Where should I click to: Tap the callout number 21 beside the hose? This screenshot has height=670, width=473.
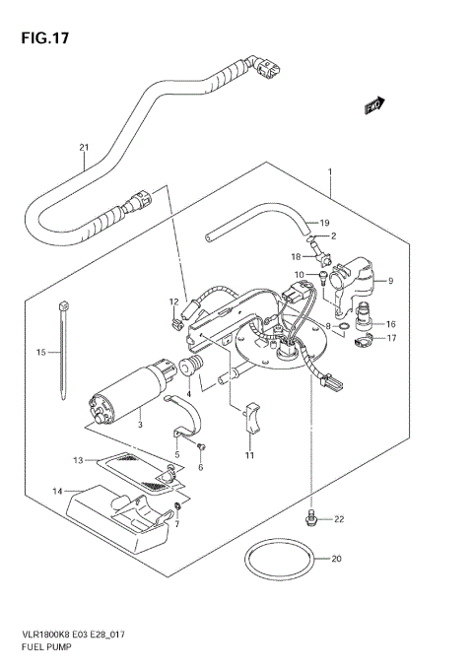(84, 149)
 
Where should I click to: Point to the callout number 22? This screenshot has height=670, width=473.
(338, 519)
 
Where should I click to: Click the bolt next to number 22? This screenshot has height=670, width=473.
(312, 515)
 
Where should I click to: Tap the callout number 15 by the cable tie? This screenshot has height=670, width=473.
(41, 352)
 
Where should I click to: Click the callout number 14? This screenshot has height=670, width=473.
(57, 490)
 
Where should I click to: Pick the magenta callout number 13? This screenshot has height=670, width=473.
(79, 459)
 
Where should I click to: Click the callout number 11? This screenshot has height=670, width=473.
(249, 456)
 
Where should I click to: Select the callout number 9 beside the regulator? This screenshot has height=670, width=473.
(390, 281)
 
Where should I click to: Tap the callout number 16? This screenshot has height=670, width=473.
(390, 323)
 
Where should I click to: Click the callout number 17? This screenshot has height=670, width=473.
(390, 339)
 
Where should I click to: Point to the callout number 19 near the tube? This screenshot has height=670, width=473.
(324, 223)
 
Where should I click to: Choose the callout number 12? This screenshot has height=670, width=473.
(173, 301)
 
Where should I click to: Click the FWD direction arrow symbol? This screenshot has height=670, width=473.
(373, 103)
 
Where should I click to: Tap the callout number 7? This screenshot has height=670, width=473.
(176, 524)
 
